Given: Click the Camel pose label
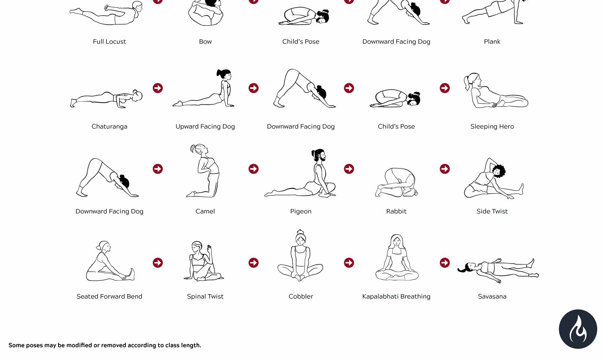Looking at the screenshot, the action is (205, 211).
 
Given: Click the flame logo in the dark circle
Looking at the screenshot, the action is (578, 329).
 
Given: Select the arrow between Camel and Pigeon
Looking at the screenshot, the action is (254, 169).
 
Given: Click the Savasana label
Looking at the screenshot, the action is (492, 296).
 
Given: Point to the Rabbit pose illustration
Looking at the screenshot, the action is (396, 182).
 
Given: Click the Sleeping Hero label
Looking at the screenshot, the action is (492, 126).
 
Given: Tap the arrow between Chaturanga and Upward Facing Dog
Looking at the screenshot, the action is (158, 88).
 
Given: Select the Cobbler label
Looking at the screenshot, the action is (301, 296).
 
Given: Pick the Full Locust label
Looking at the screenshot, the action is (109, 42).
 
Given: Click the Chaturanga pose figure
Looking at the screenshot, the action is (106, 99).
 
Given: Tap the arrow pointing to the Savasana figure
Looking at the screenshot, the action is (445, 262).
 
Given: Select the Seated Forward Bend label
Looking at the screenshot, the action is (109, 296).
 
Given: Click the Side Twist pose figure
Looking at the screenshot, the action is (494, 178).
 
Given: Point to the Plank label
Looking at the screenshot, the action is (492, 42).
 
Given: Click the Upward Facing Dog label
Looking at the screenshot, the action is (205, 126).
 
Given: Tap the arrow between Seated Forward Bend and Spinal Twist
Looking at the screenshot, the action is (158, 262).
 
